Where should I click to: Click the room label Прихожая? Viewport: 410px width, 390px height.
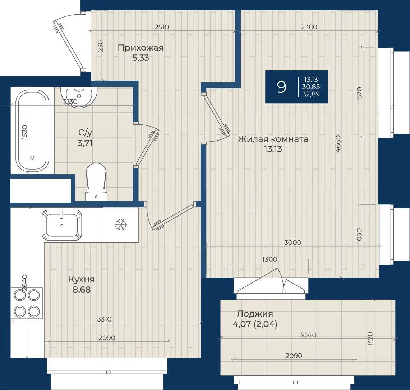[x=140, y=48]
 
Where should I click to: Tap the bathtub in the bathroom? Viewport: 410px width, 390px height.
[x=32, y=131]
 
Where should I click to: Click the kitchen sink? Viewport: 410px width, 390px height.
[x=62, y=225]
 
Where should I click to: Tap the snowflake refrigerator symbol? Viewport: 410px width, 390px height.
[x=120, y=225]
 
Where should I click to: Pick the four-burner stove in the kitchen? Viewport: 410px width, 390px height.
[x=27, y=303]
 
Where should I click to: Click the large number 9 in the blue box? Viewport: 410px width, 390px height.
[x=281, y=87]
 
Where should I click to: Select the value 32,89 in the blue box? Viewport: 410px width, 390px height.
[x=311, y=94]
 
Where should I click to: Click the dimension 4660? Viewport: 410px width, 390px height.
[x=338, y=144]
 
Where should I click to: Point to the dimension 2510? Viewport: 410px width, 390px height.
[x=162, y=27]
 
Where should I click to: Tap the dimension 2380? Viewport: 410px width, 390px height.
[x=309, y=27]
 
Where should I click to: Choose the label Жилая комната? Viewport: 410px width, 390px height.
[x=273, y=139]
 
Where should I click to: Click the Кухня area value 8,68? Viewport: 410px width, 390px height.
[x=82, y=290]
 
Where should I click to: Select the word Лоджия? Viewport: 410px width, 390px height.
[x=251, y=314]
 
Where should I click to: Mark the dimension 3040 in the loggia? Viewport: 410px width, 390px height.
[x=308, y=335]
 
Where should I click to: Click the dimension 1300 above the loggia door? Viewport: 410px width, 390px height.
[x=270, y=259]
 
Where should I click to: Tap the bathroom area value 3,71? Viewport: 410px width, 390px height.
[x=85, y=143]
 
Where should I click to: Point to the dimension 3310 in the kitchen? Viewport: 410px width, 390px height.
[x=104, y=319]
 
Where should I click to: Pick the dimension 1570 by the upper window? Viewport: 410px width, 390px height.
[x=359, y=94]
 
